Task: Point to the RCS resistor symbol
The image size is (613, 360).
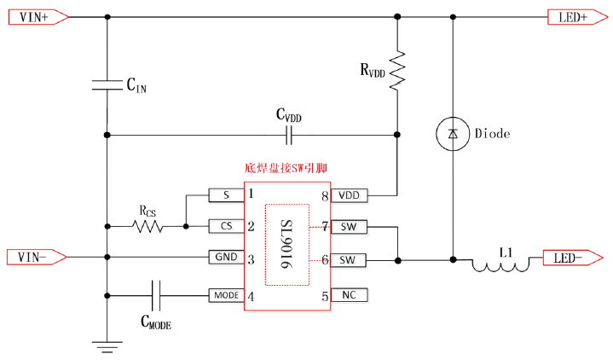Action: [x=147, y=227]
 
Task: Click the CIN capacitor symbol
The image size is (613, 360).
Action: [x=107, y=83]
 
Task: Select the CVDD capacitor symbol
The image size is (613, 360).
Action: [x=292, y=135]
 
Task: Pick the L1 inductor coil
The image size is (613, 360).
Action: [x=501, y=265]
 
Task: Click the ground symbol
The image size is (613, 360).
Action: [x=107, y=345]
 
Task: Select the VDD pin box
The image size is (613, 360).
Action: [x=349, y=195]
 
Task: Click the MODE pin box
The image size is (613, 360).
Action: [x=226, y=295]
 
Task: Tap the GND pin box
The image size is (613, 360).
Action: [x=226, y=257]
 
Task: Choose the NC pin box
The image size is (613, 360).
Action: [x=349, y=295]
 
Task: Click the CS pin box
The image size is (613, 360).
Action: [x=226, y=227]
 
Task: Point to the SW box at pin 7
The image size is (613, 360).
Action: [x=349, y=227]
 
